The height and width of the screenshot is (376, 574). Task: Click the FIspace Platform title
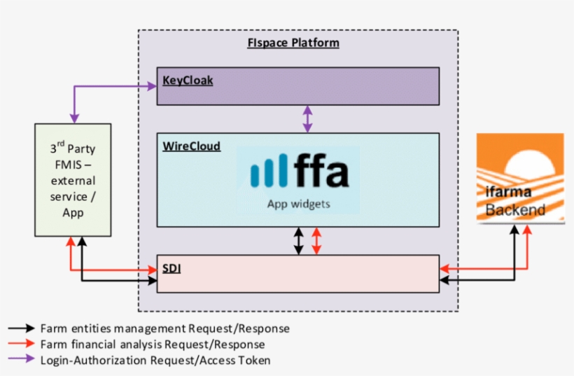(293, 43)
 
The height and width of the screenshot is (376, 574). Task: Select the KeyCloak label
(188, 81)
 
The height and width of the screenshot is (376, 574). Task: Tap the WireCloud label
(191, 146)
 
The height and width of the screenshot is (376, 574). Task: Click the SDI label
(171, 267)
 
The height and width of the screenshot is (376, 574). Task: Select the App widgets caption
(298, 204)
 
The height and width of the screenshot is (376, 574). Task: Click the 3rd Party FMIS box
(73, 180)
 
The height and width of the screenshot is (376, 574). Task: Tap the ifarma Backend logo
(520, 179)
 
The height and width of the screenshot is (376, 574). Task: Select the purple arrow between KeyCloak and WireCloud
(307, 119)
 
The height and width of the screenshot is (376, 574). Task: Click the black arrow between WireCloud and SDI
(299, 241)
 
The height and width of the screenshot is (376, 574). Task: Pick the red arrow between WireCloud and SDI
(316, 241)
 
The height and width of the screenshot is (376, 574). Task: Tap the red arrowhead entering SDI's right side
(444, 268)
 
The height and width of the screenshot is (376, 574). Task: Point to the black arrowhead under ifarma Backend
(514, 230)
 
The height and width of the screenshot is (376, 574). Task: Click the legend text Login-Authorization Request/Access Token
(155, 360)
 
